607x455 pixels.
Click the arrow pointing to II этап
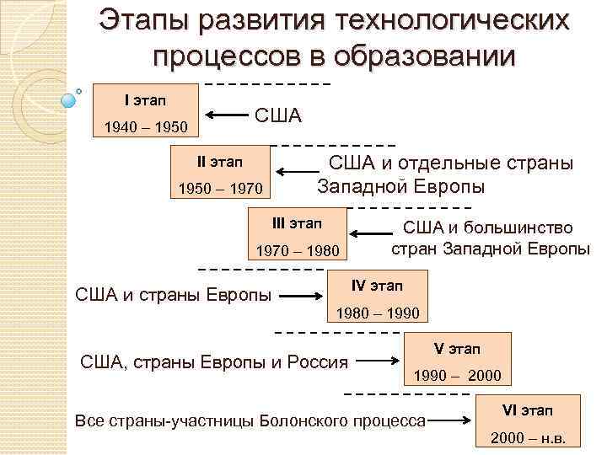pyautogui.click(x=293, y=173)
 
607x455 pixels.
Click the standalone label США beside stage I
pyautogui.click(x=277, y=115)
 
